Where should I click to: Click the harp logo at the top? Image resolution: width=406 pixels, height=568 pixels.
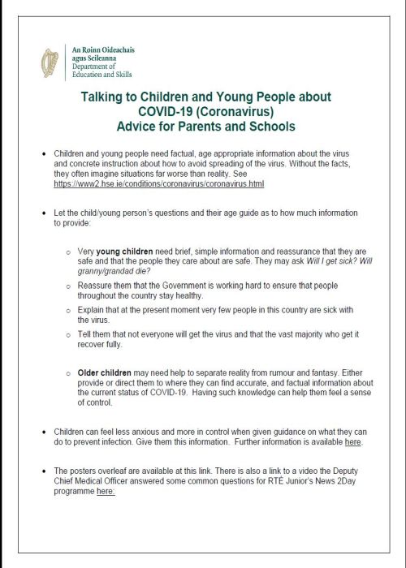pyautogui.click(x=50, y=62)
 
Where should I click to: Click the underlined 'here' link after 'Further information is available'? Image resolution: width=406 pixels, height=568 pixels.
pyautogui.click(x=352, y=442)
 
